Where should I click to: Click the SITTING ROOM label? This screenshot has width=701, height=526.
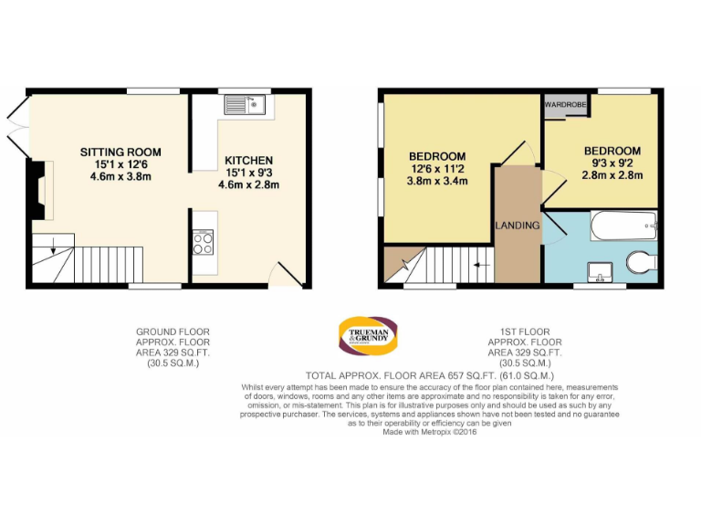[120, 152]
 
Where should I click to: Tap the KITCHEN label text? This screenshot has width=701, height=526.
[248, 160]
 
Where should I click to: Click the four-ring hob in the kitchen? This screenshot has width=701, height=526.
[204, 244]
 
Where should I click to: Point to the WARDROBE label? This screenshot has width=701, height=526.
[565, 106]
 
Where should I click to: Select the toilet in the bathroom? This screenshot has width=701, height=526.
[643, 263]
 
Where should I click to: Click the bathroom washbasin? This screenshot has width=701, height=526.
[601, 269]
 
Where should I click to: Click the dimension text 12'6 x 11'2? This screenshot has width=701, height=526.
[437, 168]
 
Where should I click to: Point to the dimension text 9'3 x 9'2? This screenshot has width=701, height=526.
[612, 163]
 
